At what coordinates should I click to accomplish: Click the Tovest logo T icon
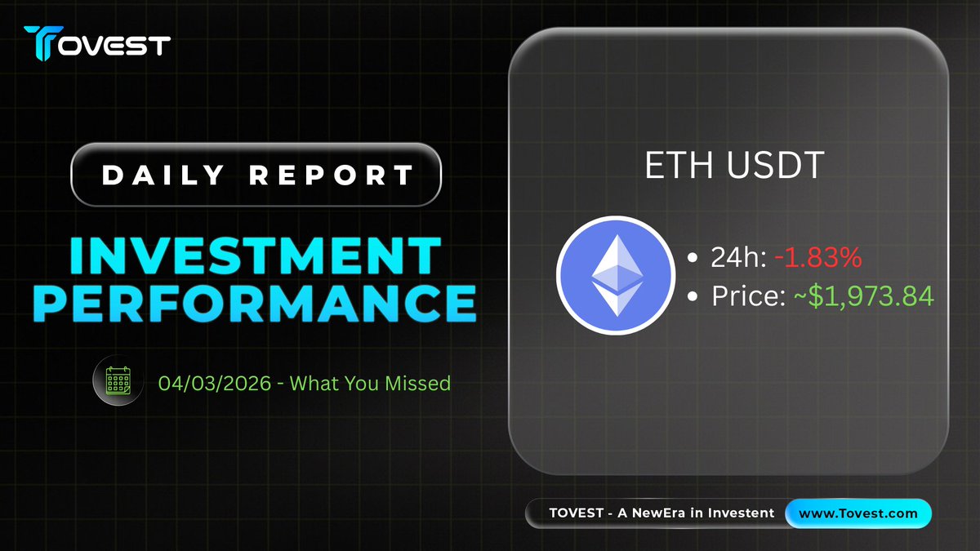42,42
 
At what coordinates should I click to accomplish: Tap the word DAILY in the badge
163,175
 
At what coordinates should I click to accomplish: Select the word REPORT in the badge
332,175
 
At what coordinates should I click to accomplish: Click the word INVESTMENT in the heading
256,256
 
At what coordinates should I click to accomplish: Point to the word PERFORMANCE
255,303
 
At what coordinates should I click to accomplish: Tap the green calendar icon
118,380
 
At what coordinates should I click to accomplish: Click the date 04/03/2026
215,384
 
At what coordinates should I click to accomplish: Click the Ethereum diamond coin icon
616,276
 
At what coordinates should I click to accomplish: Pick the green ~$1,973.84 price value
864,296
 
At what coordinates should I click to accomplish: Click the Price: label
749,296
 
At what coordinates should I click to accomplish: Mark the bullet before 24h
693,257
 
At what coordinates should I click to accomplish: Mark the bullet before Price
693,296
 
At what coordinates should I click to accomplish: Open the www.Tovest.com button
858,513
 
